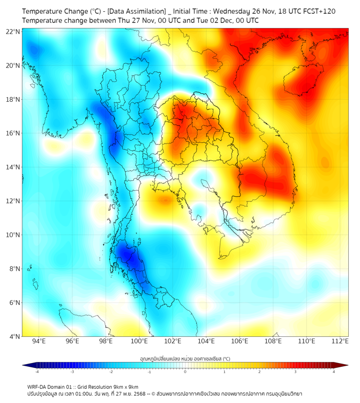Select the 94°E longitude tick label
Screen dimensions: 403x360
pyautogui.click(x=39, y=342)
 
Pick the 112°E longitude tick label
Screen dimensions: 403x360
pyautogui.click(x=340, y=342)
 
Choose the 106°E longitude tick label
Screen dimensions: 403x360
pyautogui.click(x=240, y=342)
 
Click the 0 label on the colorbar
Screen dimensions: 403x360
pyautogui.click(x=185, y=372)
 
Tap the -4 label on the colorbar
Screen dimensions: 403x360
pyautogui.click(x=36, y=372)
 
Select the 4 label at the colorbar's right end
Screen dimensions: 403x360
pyautogui.click(x=334, y=372)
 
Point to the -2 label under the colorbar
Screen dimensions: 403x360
pyautogui.click(x=111, y=372)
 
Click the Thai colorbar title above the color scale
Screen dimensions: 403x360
pyautogui.click(x=185, y=358)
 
